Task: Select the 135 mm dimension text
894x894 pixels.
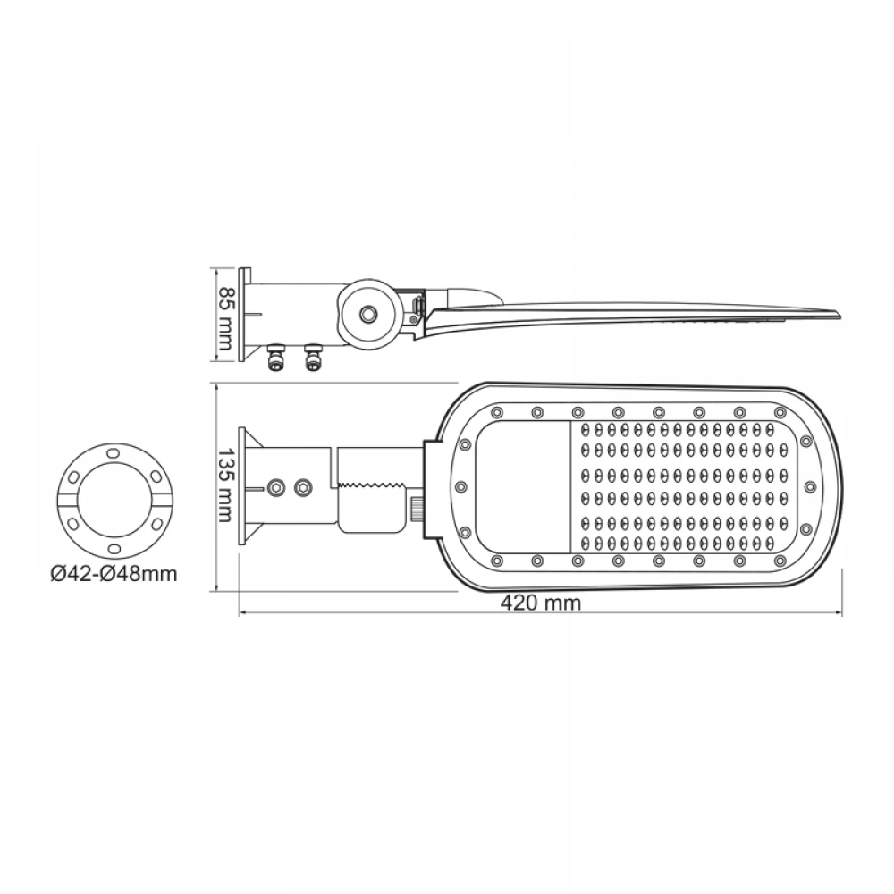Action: [x=226, y=486]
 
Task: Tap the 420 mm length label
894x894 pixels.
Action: [x=541, y=603]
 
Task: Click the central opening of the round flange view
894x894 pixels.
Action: [x=112, y=501]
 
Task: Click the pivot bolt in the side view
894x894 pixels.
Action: [x=367, y=314]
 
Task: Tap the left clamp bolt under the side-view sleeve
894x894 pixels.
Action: [x=275, y=358]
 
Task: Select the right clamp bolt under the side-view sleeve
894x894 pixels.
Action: [x=312, y=358]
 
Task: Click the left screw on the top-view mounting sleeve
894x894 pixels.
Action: [x=276, y=487]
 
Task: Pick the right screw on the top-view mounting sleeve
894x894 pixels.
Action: [x=304, y=487]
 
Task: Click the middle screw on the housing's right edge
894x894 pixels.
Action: [x=810, y=485]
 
